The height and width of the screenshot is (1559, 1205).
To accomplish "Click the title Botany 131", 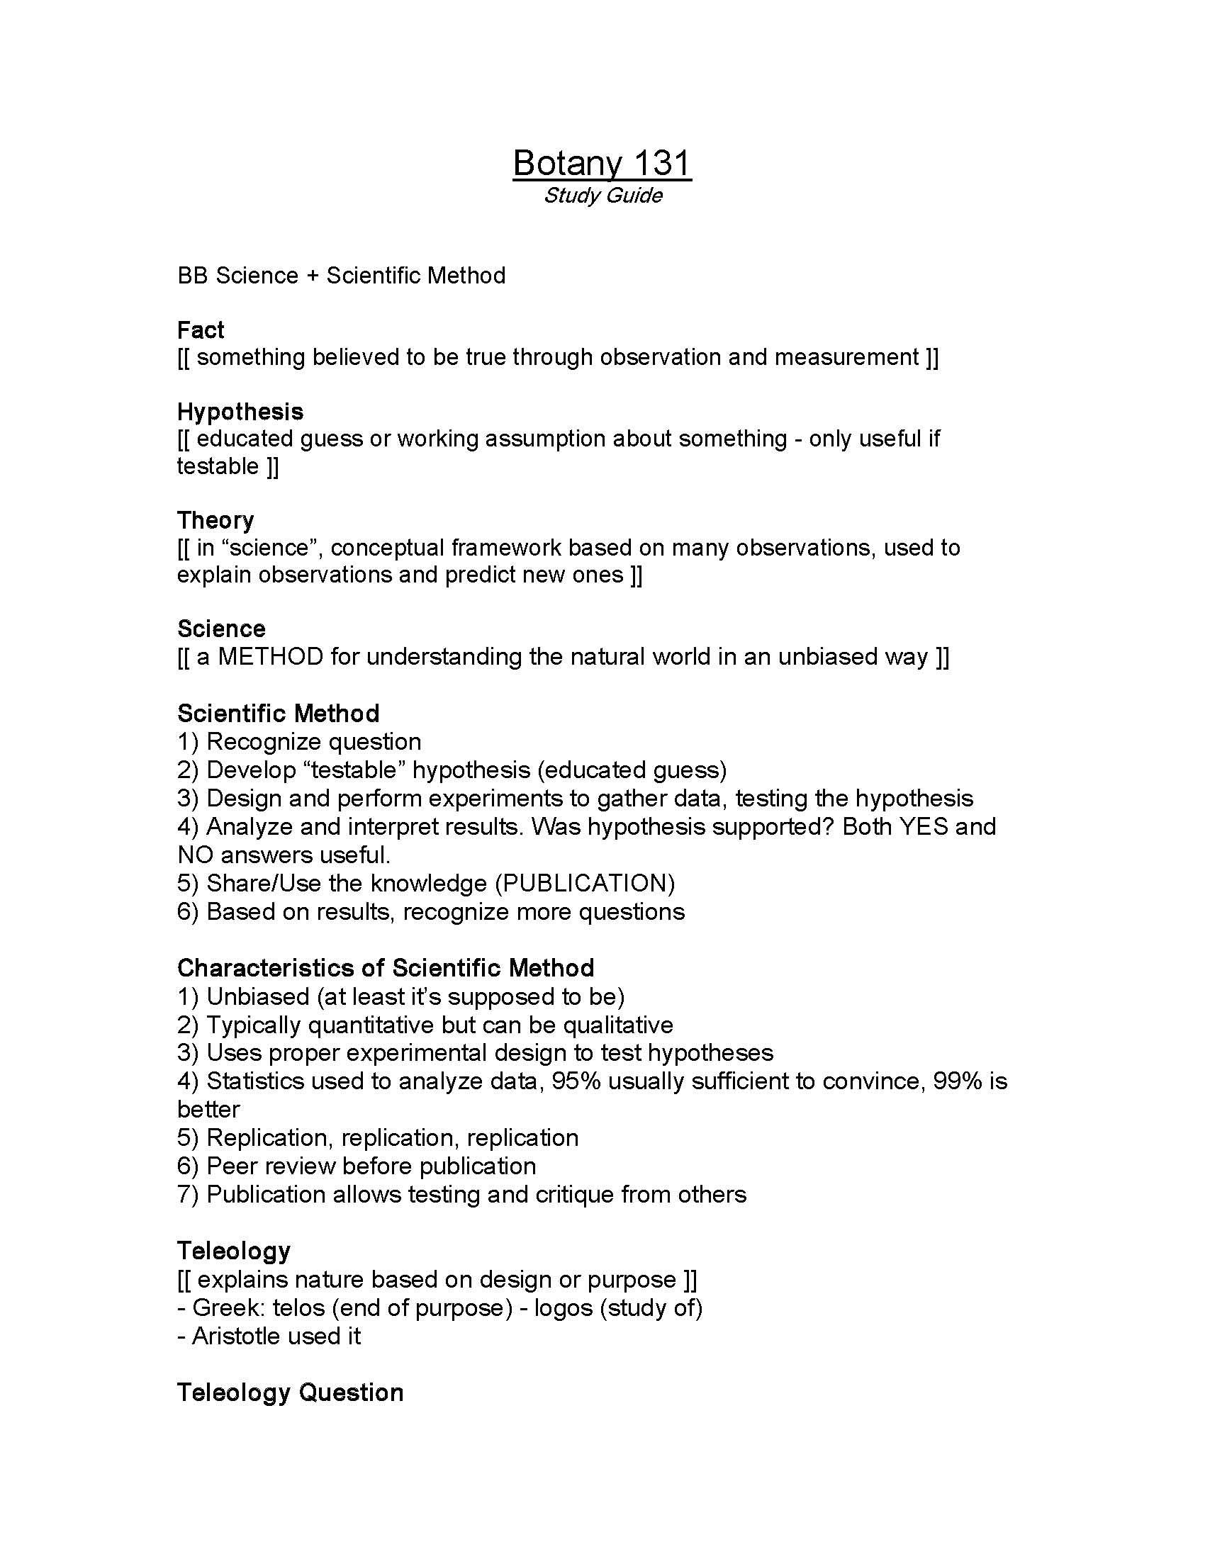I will pos(602,163).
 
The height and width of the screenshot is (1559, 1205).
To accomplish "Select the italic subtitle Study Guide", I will pos(602,196).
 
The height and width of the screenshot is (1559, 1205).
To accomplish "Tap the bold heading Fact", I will pos(201,330).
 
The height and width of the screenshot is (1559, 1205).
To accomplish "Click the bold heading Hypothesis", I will pos(240,411).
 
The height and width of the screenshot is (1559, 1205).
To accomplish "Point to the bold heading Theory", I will pos(215,519).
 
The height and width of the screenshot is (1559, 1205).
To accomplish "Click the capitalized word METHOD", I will pos(271,656).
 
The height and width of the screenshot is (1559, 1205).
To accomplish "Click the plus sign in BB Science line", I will pos(312,276).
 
